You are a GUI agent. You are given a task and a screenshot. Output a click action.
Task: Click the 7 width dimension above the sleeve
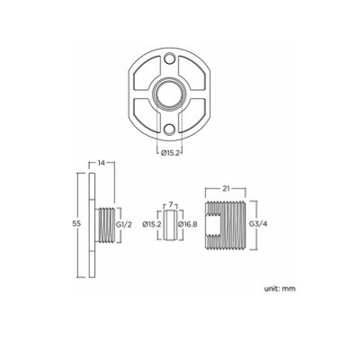tap(168, 204)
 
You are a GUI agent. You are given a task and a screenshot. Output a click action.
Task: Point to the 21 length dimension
tap(227, 190)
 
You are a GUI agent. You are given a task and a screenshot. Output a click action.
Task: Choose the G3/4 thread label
tap(256, 222)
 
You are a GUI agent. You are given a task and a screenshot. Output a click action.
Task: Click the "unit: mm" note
tap(281, 290)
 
